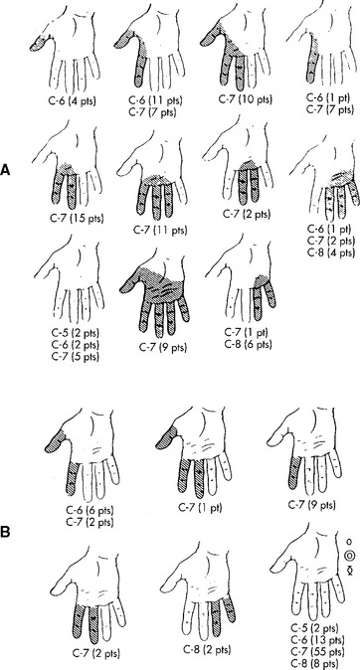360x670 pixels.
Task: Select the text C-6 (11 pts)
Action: tap(155, 100)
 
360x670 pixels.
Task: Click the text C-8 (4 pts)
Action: tap(331, 252)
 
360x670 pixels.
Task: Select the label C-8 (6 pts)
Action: tap(249, 342)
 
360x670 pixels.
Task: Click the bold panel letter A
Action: tap(5, 170)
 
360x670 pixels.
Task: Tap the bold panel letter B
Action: tap(5, 533)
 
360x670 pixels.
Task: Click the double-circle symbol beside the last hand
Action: tap(350, 556)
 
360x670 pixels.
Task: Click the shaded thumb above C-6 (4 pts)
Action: tap(39, 43)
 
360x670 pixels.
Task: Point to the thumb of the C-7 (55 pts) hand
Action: tap(280, 548)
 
